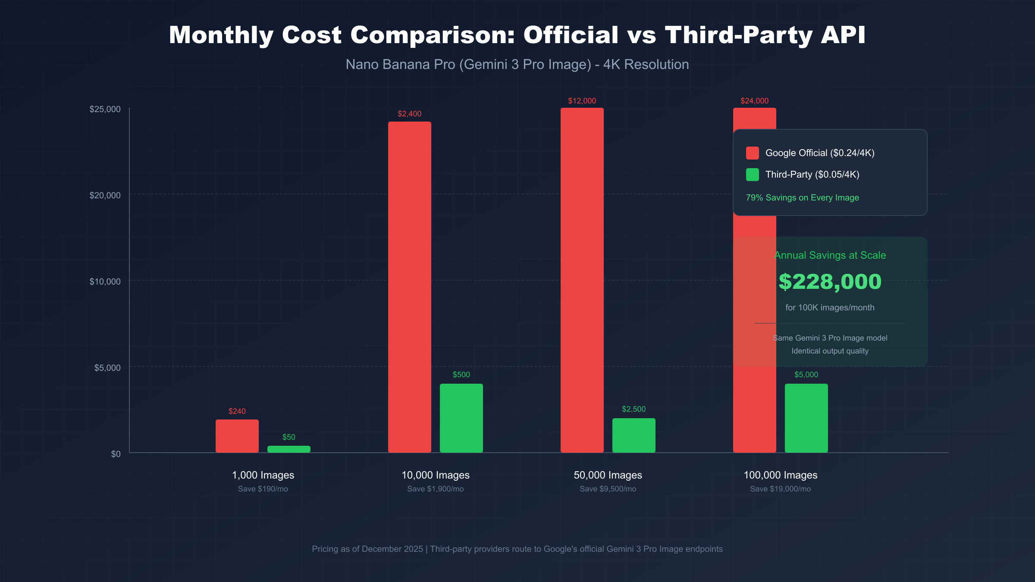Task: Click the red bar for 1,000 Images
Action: coord(237,436)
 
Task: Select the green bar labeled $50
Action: coord(289,449)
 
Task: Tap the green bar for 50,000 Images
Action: coord(634,435)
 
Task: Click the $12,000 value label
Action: coord(582,101)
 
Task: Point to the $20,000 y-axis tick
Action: coord(105,195)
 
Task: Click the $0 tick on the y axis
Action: coord(116,454)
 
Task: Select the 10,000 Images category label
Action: coord(435,475)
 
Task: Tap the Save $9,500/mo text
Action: coord(608,489)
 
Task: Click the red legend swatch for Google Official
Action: coord(752,153)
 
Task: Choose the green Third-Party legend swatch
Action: coord(752,175)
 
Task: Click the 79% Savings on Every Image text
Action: coord(802,198)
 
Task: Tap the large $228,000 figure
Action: coord(830,282)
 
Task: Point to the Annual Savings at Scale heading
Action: coord(830,255)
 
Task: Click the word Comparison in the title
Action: coord(433,35)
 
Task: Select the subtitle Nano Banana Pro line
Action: coord(517,65)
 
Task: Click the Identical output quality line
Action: coord(830,351)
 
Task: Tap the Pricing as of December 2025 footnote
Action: coord(367,549)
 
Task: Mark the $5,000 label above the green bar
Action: coord(806,375)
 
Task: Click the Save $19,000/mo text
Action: coord(780,489)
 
